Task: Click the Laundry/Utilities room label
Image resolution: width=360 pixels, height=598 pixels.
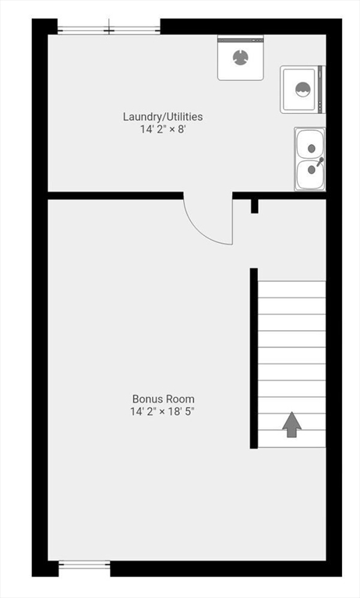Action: click(x=163, y=117)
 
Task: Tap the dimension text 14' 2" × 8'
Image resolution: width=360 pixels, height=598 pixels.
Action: click(x=163, y=129)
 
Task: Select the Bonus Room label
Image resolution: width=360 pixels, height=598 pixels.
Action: click(x=163, y=399)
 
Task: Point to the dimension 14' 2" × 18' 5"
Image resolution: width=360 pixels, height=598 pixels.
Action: click(x=163, y=411)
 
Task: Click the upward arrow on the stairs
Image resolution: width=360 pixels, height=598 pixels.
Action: click(x=291, y=424)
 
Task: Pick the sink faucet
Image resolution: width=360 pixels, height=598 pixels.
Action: click(x=318, y=161)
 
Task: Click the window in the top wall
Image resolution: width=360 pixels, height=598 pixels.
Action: click(x=108, y=30)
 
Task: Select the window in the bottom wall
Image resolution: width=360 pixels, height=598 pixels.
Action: click(x=84, y=566)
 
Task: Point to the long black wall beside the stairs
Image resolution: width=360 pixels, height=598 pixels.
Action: click(x=253, y=358)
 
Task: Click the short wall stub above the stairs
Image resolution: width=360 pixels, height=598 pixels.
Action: click(x=254, y=206)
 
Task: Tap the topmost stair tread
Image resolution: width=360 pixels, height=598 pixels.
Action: click(x=291, y=290)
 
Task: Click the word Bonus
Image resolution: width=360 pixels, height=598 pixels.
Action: click(x=146, y=399)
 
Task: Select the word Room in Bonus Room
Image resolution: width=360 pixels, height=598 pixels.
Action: click(x=180, y=399)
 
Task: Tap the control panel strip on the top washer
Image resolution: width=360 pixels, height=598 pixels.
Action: click(x=240, y=37)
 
